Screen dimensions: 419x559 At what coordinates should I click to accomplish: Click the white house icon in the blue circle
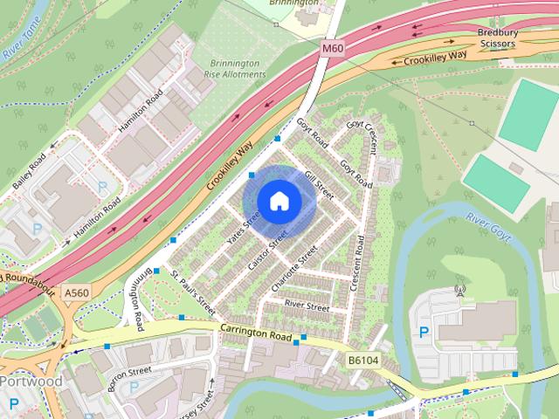point(279,201)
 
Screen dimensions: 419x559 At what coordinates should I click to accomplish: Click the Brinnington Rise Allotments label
point(230,70)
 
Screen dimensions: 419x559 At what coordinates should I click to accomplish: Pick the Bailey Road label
point(29,174)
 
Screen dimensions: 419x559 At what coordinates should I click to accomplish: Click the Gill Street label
point(321,185)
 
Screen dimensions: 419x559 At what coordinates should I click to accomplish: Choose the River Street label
point(307,307)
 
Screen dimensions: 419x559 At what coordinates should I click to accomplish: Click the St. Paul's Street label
point(193,295)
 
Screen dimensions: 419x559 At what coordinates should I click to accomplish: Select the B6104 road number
point(363,359)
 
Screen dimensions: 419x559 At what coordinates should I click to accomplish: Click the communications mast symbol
point(460,290)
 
